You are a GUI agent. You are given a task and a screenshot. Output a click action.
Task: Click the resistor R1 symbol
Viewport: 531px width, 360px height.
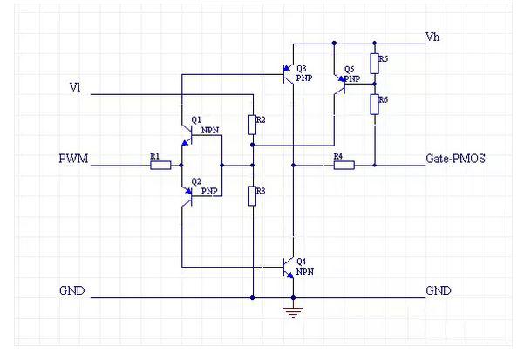point(160,166)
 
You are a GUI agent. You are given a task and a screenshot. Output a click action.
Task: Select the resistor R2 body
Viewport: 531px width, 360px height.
point(252,125)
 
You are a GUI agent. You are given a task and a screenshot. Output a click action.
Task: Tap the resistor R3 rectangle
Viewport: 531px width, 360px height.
point(252,196)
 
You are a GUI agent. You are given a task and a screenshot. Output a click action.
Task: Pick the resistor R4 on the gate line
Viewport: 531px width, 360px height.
point(344,166)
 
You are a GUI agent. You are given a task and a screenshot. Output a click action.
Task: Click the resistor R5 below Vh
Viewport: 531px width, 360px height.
point(374,64)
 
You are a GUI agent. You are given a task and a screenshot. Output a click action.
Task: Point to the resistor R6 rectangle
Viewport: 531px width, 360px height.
point(374,105)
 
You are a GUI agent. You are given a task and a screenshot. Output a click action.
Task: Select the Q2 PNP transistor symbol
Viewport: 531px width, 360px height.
point(187,196)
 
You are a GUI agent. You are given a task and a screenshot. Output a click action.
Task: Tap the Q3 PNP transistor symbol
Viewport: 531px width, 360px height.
point(289,74)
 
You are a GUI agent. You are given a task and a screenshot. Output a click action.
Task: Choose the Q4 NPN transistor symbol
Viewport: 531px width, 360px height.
point(289,268)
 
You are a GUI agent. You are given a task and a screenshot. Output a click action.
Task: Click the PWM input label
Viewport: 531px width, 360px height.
point(73,159)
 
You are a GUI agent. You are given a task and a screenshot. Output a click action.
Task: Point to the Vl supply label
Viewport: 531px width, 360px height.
point(75,87)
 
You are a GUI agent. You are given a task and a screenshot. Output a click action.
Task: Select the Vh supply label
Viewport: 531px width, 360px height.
point(432,37)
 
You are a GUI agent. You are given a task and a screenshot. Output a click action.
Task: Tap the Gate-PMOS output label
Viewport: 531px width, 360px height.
point(455,159)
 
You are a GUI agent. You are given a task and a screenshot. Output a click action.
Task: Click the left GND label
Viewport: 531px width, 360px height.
point(71,290)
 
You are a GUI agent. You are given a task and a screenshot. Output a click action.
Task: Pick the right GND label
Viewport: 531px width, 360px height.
point(439,290)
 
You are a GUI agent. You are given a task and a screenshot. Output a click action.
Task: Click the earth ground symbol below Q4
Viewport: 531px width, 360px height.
point(293,313)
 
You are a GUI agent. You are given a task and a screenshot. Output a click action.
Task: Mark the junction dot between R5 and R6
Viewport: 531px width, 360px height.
point(375,84)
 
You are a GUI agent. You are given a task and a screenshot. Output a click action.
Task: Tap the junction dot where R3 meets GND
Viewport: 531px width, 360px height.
point(252,298)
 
